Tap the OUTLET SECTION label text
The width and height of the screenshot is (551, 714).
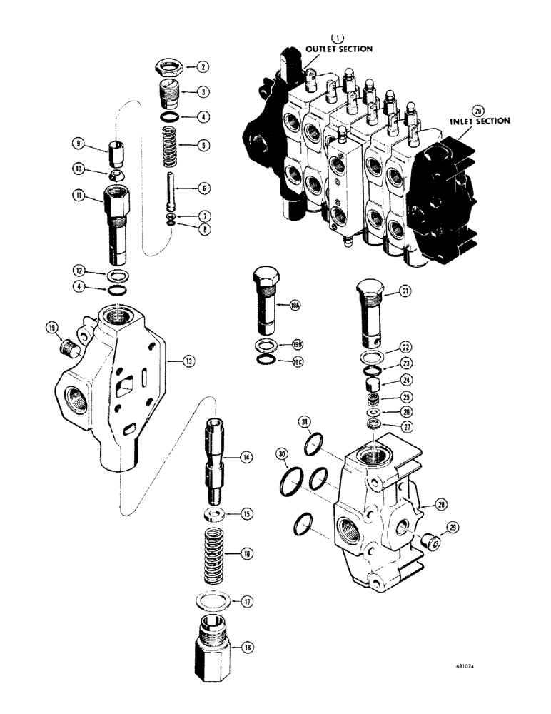[339, 49]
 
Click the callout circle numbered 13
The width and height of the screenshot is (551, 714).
[188, 363]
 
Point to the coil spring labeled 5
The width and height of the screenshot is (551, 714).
[169, 145]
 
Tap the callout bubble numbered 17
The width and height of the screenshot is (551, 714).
[247, 602]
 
